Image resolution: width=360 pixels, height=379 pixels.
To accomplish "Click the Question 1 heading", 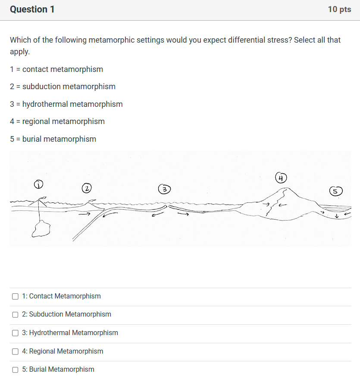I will (x=32, y=9).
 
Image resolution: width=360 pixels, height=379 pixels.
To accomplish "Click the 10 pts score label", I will (x=339, y=9).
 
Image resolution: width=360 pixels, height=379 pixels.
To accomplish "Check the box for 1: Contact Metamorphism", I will (x=15, y=296).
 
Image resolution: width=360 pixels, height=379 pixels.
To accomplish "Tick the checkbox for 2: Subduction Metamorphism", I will (x=15, y=315).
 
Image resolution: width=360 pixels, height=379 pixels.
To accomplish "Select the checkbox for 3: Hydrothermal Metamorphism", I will (x=15, y=333).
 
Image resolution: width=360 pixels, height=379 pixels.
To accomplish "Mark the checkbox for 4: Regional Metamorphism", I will (x=15, y=351).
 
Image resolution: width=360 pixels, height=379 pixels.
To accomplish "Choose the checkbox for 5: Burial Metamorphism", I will (x=15, y=370).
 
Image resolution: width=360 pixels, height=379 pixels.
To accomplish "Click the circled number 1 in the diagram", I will (x=39, y=185).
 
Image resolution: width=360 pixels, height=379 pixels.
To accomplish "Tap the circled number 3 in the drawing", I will (x=164, y=189).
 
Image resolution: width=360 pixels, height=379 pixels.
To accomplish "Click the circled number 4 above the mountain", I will (x=281, y=177).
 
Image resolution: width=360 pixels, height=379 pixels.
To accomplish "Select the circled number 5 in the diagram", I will (x=336, y=191).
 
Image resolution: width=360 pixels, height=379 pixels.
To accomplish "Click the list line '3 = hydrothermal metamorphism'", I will (x=66, y=104).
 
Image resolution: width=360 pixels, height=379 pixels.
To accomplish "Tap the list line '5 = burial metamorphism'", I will (x=53, y=139).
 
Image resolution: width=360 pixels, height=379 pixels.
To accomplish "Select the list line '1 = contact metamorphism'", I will (x=56, y=69).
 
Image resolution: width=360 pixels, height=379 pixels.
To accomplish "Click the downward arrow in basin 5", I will (x=336, y=215).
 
